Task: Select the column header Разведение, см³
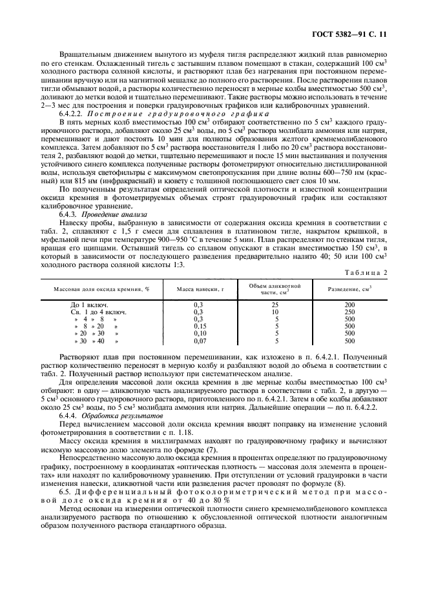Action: (x=349, y=288)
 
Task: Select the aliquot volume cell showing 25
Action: (x=276, y=304)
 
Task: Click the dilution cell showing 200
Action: (x=349, y=304)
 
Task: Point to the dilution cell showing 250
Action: (x=349, y=312)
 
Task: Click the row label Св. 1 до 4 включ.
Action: (x=98, y=312)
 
